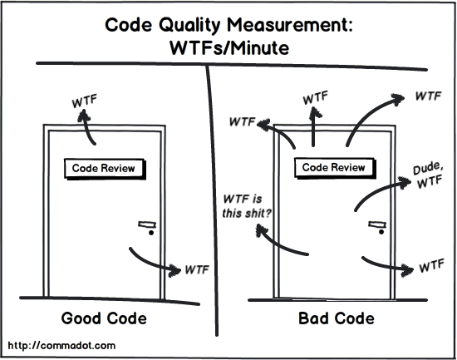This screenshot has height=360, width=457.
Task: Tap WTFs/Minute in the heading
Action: click(228, 48)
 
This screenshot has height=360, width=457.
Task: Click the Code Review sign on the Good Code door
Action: click(103, 167)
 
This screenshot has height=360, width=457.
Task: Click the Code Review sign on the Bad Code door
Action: click(332, 167)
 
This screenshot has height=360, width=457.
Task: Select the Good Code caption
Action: click(104, 318)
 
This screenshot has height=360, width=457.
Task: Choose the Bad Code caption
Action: click(335, 318)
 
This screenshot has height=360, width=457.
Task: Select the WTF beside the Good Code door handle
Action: click(196, 269)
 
